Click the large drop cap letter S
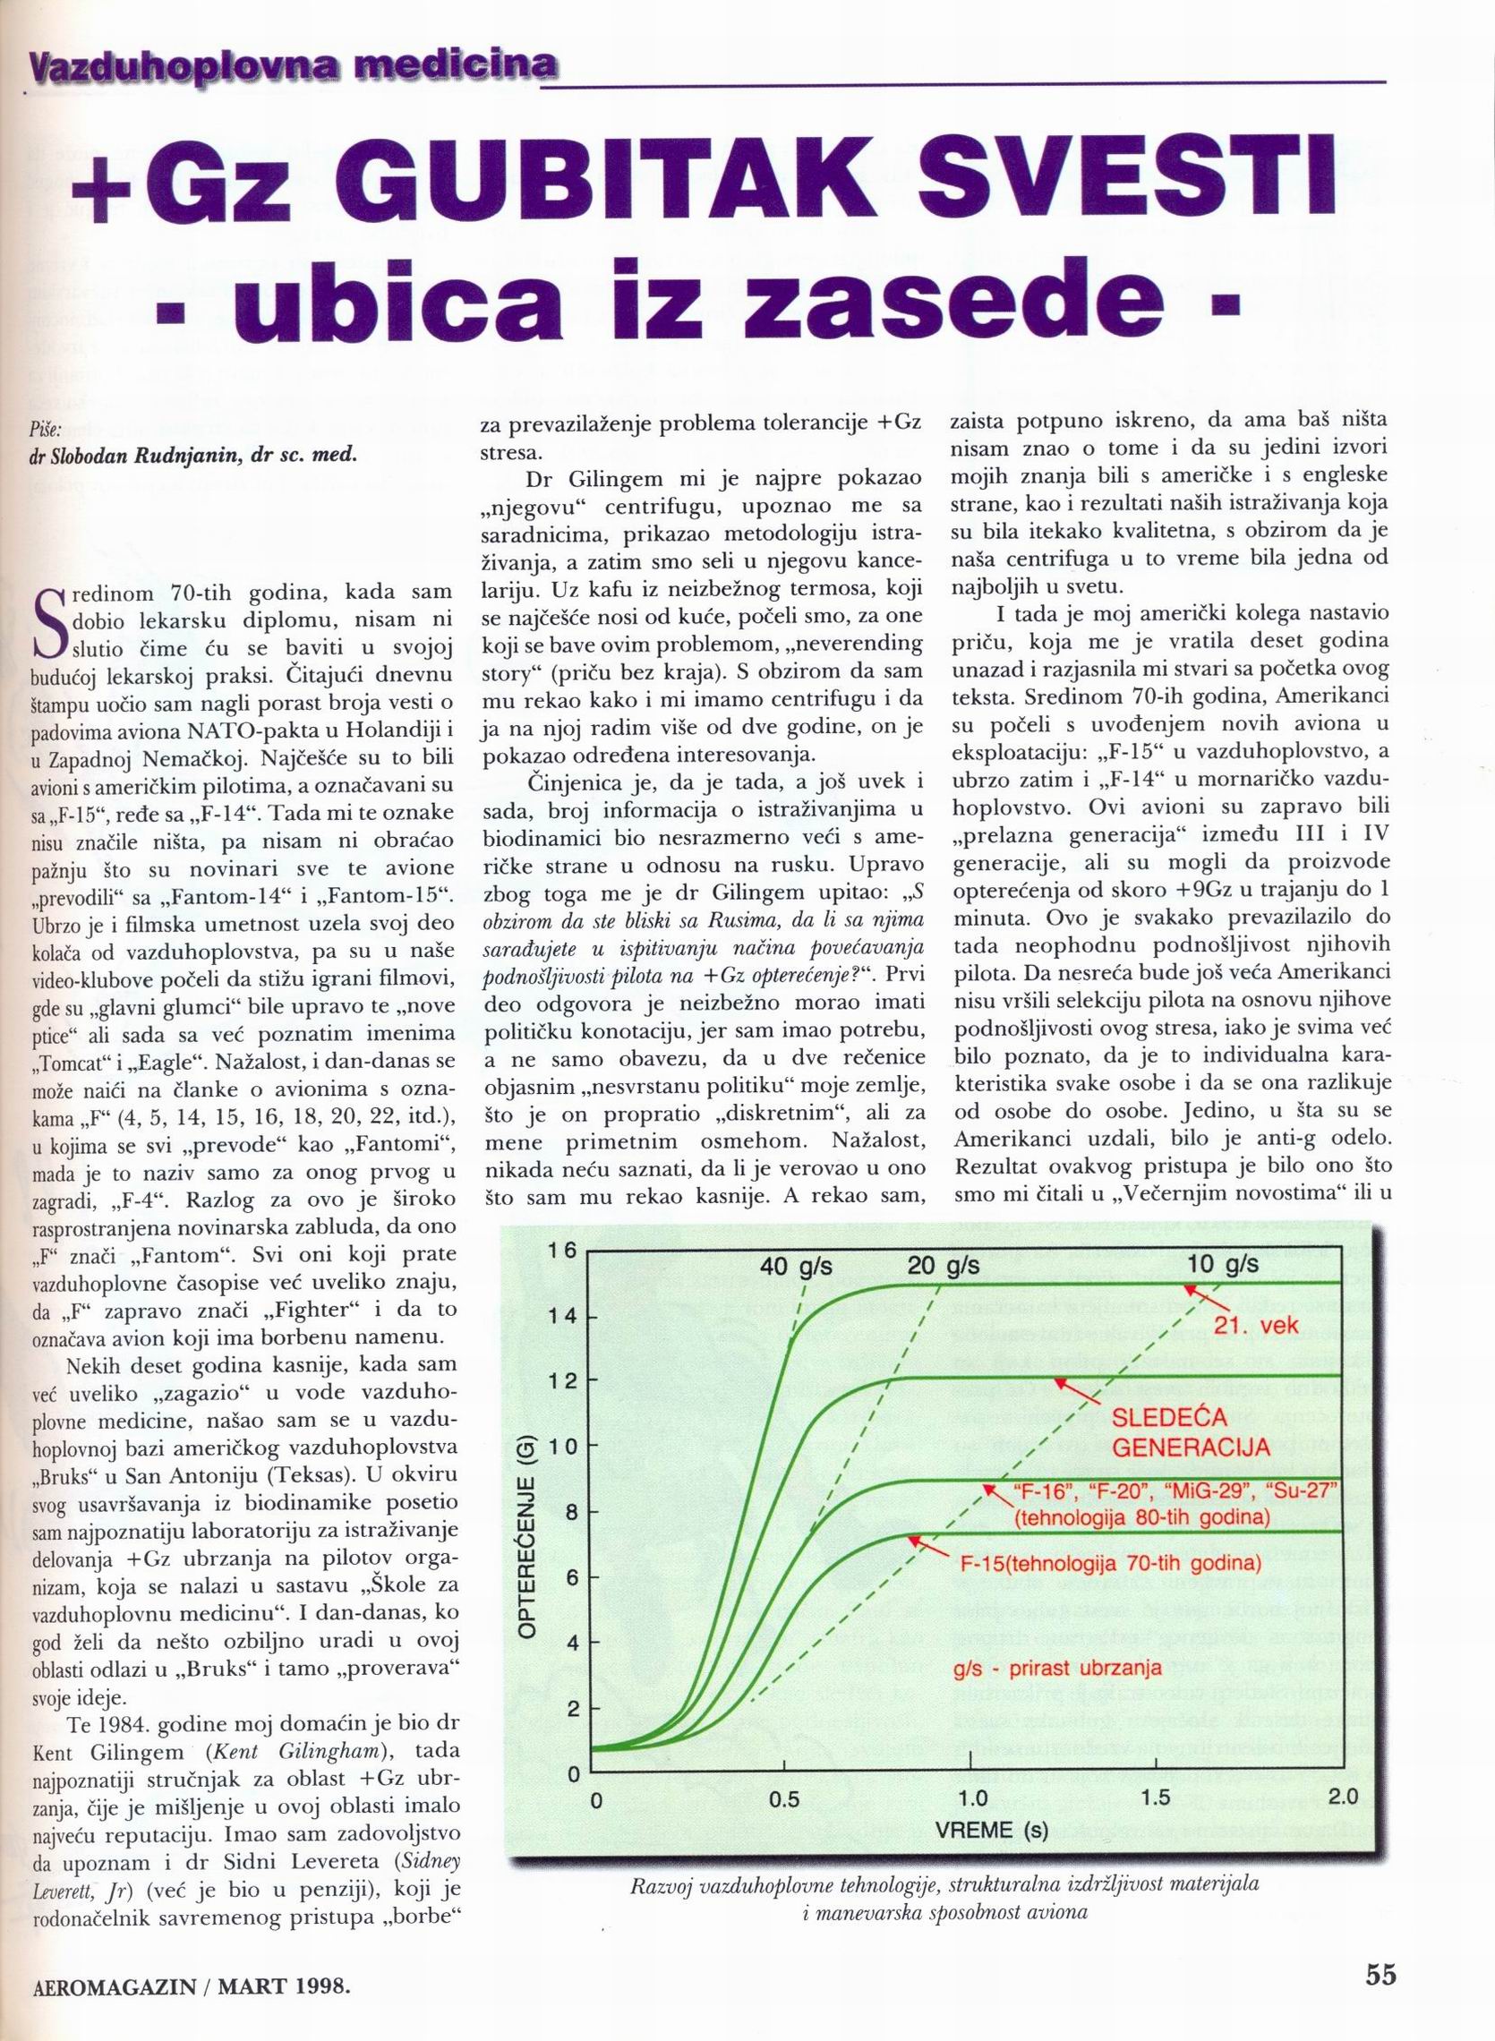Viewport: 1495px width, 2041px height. click(x=50, y=622)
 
